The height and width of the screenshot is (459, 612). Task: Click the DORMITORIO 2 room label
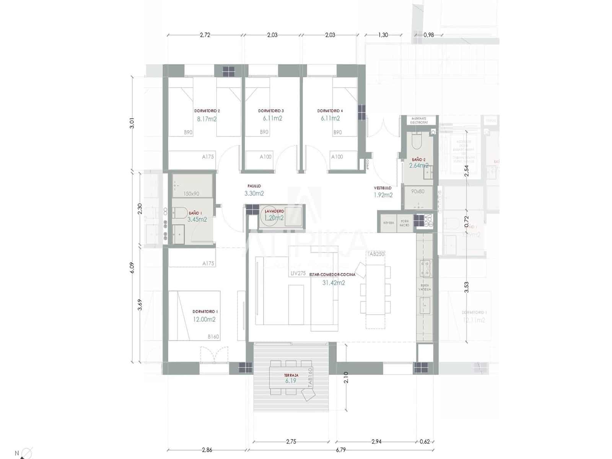point(207,111)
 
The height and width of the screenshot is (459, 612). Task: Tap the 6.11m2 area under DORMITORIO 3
point(272,118)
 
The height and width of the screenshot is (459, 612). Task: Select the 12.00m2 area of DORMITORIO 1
point(204,319)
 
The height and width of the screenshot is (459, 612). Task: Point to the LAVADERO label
point(274,211)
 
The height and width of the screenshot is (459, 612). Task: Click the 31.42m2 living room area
point(334,283)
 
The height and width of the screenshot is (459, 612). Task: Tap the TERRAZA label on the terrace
point(291,376)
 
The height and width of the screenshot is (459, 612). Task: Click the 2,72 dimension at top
point(205,35)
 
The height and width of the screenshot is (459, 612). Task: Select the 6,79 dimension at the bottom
point(340,450)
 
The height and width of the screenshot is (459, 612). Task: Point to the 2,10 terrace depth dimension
point(346,378)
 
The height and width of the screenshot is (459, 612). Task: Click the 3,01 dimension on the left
point(132,124)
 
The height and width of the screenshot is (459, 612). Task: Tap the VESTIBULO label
point(382,188)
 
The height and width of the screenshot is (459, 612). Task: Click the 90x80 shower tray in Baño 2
point(418,191)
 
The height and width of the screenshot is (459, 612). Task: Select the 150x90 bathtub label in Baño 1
point(191,194)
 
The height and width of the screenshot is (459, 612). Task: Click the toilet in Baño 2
point(416,142)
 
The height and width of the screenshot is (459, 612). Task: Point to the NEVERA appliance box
point(389,223)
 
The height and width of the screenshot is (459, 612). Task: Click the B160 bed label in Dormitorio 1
point(213,337)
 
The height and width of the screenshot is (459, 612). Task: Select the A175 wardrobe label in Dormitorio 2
point(208,156)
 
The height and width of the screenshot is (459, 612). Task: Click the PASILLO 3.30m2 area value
point(254,194)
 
